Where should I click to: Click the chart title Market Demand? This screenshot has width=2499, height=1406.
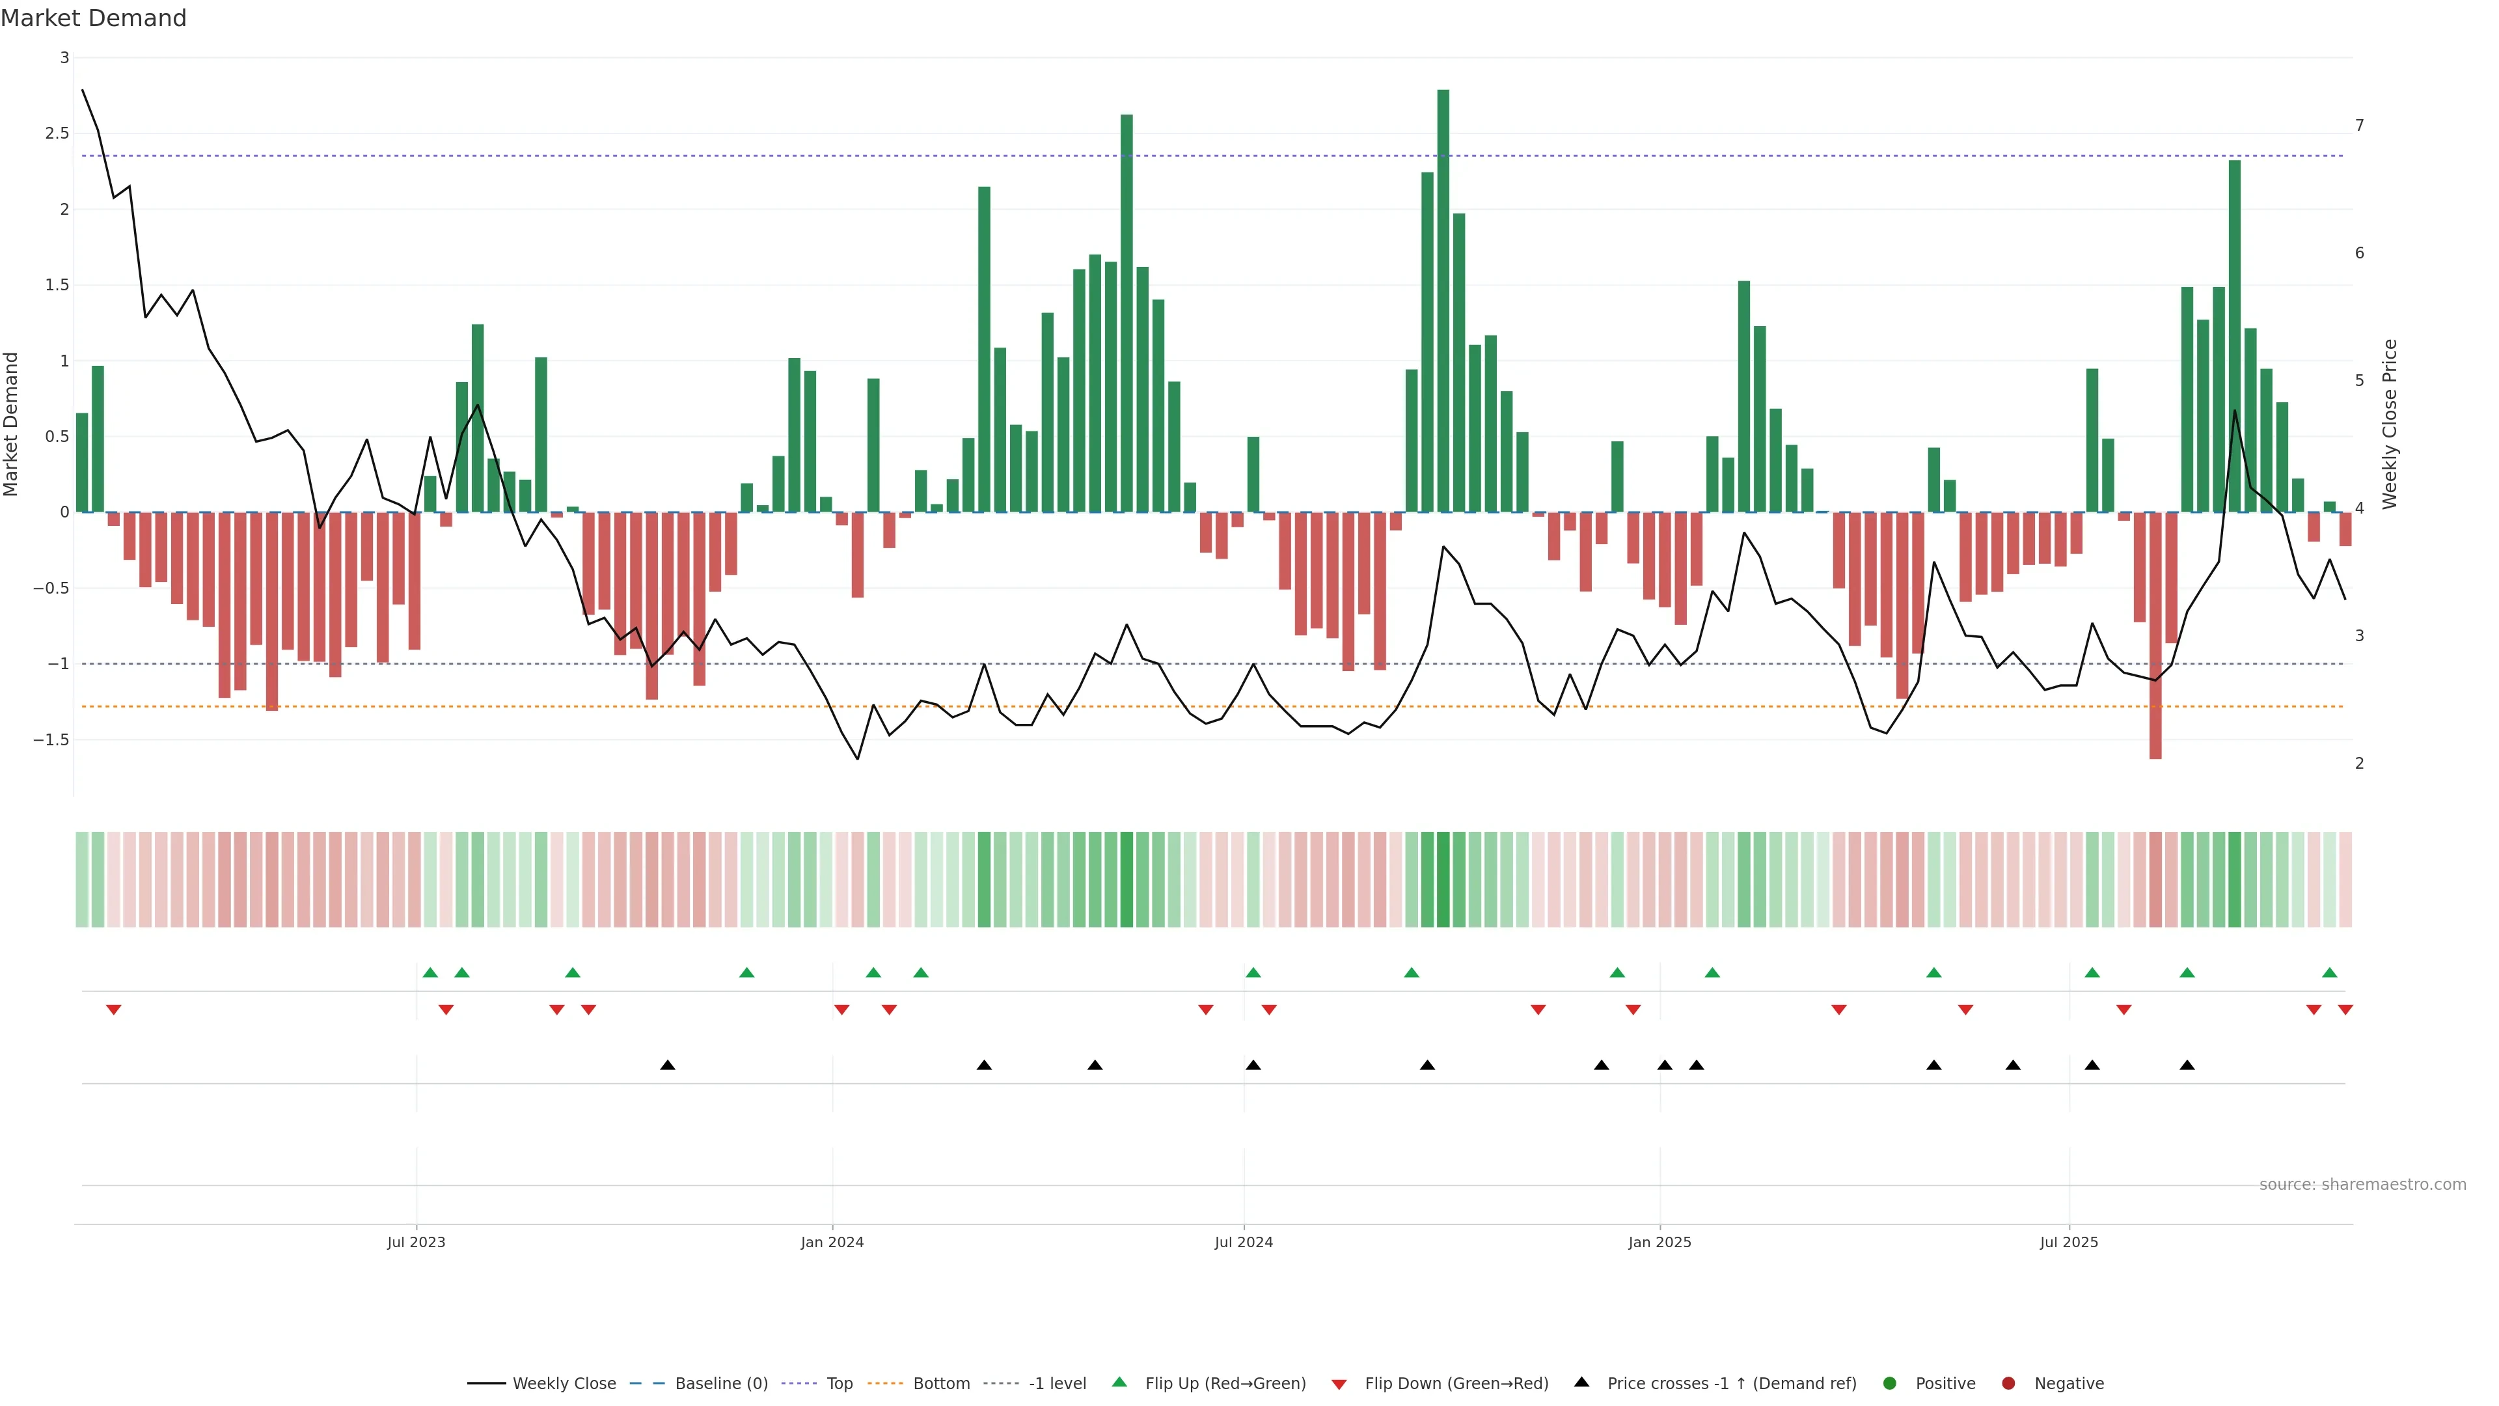tap(93, 18)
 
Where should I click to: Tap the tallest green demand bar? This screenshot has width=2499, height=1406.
tap(1443, 291)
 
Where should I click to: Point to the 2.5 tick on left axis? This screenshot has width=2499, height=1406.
tap(57, 133)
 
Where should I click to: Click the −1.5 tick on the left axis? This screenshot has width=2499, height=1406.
tap(51, 739)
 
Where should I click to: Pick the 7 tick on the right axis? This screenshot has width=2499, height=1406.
tap(2359, 125)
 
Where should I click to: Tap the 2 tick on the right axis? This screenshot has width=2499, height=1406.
tap(2359, 764)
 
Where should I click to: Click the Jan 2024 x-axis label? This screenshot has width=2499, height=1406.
tap(832, 1242)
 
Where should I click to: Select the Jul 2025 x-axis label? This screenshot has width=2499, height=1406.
tap(2068, 1242)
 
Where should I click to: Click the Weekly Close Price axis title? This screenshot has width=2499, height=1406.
tap(2390, 424)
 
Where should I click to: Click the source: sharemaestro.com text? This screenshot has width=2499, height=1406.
tap(2362, 1185)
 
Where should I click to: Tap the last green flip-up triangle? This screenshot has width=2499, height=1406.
tap(2329, 972)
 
